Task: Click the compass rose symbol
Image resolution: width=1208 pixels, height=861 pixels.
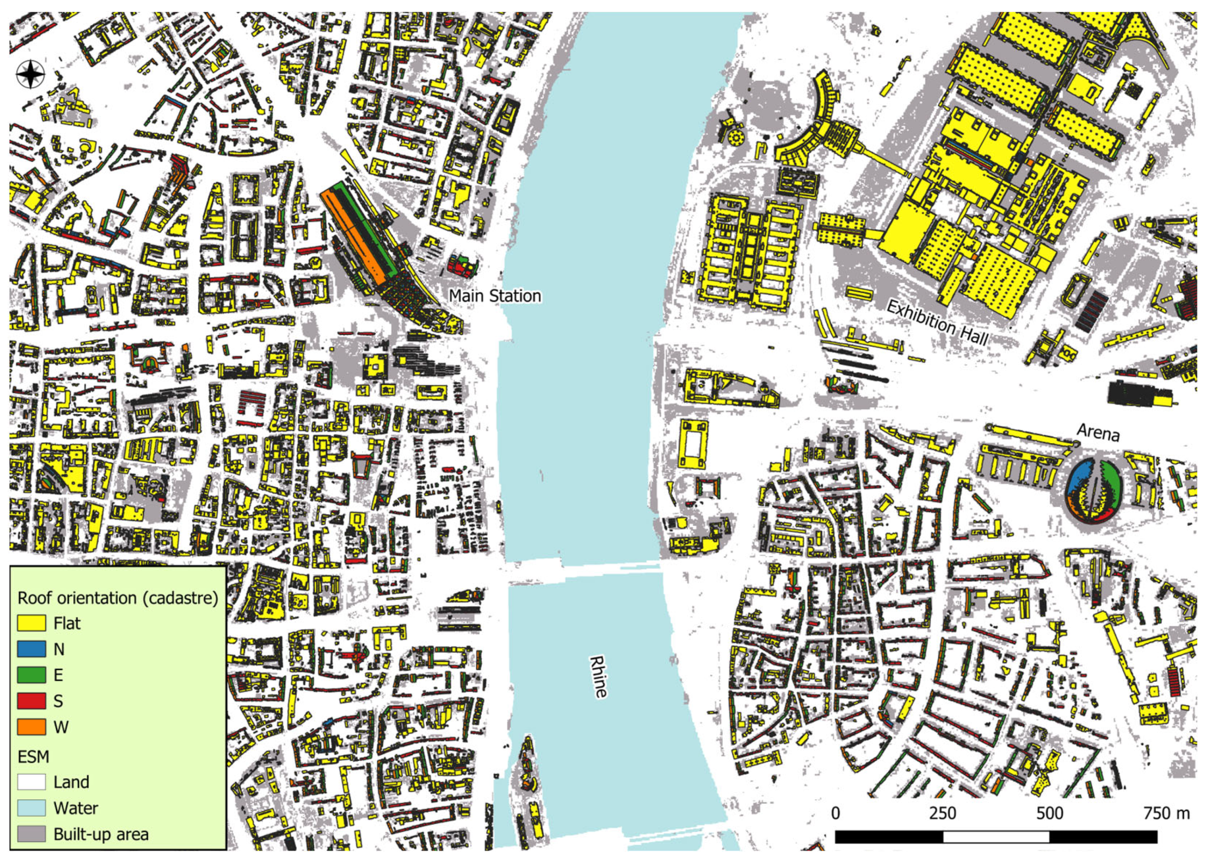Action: point(31,74)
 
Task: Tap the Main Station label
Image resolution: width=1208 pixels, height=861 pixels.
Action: point(494,296)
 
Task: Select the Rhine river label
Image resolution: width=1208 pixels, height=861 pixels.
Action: point(599,677)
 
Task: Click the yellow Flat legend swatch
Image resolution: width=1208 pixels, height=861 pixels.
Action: point(31,623)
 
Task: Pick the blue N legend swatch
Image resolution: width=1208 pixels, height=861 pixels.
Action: point(31,649)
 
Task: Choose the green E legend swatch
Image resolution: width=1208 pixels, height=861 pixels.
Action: point(31,675)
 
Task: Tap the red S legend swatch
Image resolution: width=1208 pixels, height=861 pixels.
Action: point(31,701)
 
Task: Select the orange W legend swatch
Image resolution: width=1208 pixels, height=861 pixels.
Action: point(31,727)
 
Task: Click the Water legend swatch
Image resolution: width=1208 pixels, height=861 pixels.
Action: point(31,808)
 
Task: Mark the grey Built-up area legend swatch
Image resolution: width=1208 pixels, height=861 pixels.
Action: point(31,834)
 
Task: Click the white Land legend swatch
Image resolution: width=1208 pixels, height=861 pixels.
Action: point(31,782)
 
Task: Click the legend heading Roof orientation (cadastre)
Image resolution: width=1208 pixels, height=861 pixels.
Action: point(118,598)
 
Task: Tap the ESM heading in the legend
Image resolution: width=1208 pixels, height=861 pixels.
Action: point(33,757)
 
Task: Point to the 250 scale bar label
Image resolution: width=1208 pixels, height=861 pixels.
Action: point(942,813)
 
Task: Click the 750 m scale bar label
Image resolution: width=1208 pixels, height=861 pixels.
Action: point(1166,813)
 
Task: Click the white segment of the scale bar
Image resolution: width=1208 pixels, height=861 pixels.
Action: point(996,836)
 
